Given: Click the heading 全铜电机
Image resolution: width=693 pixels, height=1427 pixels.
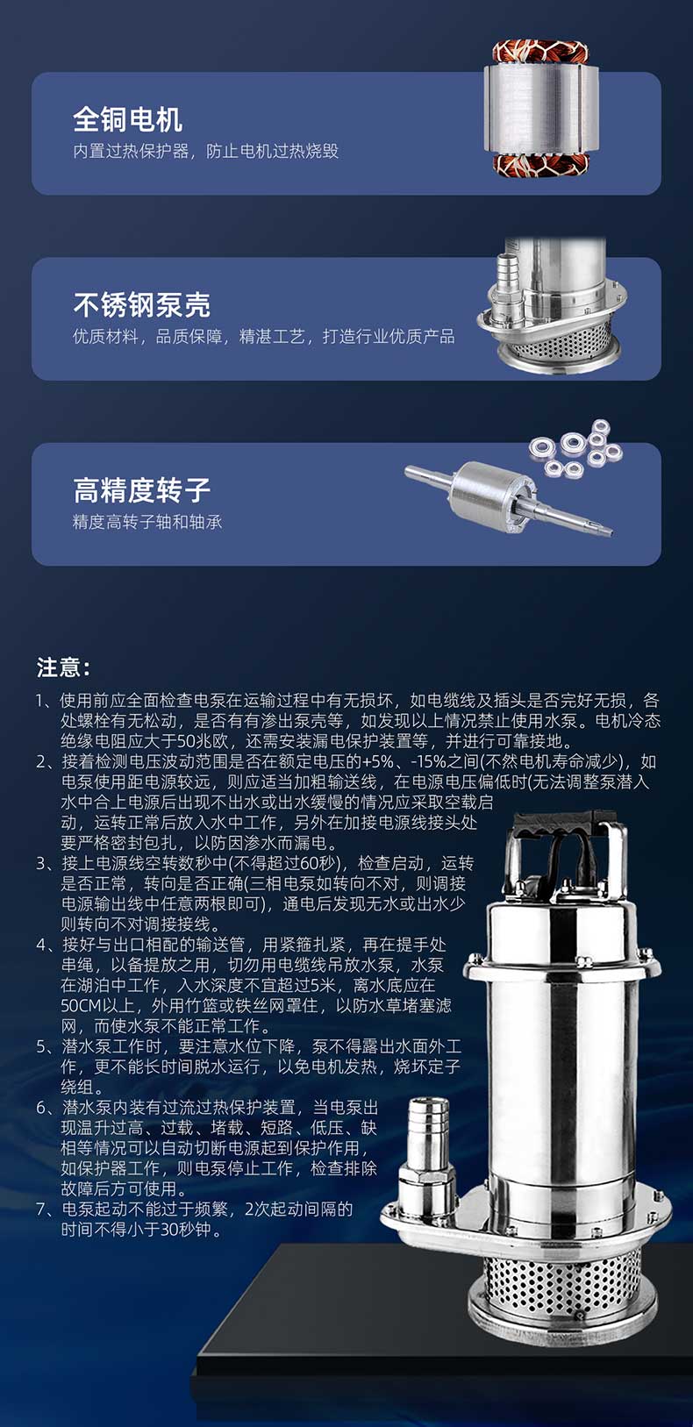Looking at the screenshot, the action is pos(127,119).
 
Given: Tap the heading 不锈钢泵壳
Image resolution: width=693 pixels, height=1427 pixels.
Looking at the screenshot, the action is pos(141,304).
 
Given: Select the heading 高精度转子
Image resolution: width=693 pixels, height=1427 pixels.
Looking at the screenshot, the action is pos(141,490).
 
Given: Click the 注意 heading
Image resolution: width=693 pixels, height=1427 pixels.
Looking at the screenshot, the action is pos(63,667).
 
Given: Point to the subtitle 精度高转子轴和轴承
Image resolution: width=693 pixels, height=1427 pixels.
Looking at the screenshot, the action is pos(147,523).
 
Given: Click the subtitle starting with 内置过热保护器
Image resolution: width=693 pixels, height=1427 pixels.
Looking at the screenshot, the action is pos(206,151).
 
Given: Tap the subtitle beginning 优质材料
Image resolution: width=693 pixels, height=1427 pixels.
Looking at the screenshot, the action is pos(264,337).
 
